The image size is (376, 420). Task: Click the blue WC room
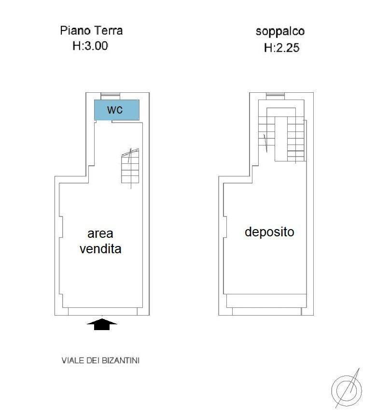click(x=117, y=110)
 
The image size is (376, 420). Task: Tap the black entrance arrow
click(x=102, y=324)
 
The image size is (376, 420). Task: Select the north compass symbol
click(x=347, y=390)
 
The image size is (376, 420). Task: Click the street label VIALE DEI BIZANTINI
click(x=100, y=361)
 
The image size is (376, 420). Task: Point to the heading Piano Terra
click(x=91, y=30)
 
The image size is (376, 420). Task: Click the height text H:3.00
click(x=90, y=46)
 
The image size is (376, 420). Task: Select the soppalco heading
click(x=280, y=32)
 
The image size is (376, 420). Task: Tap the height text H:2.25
click(x=281, y=48)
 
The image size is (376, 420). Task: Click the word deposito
click(x=269, y=232)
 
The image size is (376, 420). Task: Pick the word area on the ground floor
click(x=100, y=234)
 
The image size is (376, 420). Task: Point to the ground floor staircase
click(x=130, y=167)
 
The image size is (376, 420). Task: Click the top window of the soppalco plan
click(x=276, y=95)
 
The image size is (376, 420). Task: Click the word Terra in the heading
click(x=107, y=30)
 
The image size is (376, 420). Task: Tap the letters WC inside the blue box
click(x=115, y=110)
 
